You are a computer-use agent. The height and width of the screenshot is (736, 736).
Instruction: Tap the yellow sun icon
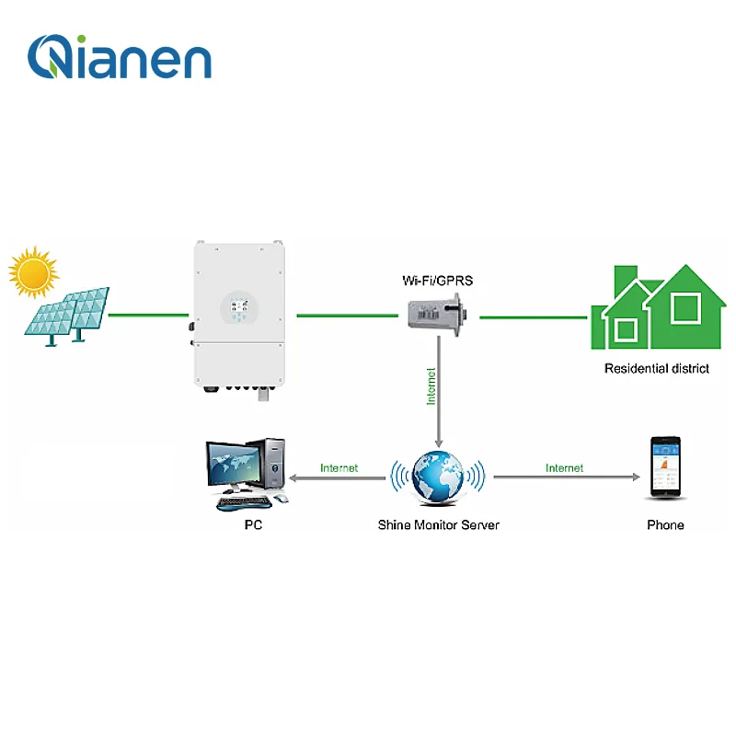point(34,272)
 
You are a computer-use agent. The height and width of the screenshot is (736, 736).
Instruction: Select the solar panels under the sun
point(69,313)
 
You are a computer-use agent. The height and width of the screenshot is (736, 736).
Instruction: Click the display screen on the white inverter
point(238,309)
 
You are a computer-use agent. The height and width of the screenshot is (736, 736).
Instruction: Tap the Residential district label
point(656,369)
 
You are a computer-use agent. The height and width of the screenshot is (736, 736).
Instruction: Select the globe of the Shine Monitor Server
point(439,477)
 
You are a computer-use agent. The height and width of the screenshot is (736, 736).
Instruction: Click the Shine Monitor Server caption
point(438,525)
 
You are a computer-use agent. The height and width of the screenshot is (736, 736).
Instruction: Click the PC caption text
point(254,525)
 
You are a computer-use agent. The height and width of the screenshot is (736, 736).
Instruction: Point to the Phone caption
point(665,525)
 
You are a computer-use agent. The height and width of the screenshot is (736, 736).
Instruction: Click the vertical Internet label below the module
point(431,386)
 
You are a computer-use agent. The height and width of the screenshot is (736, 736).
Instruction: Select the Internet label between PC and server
point(339,468)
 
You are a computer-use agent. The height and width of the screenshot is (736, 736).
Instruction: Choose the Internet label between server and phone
point(564,468)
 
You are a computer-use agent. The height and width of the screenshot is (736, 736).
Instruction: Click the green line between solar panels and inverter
point(147,316)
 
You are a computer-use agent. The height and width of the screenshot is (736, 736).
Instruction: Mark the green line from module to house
point(534,317)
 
